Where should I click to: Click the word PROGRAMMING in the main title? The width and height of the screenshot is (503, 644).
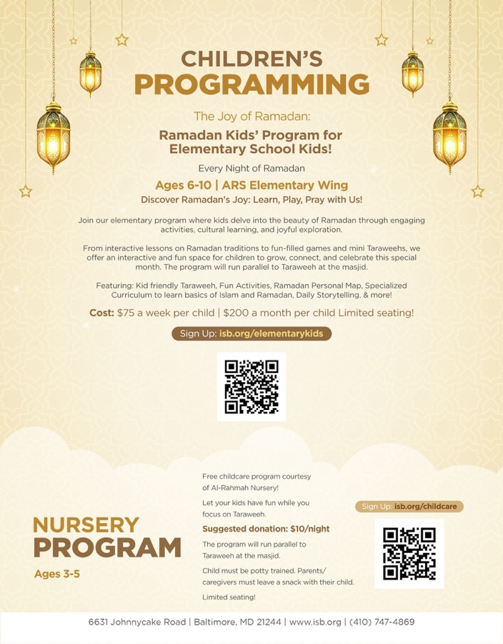point(251,84)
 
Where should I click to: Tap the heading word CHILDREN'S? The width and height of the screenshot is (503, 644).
point(251,58)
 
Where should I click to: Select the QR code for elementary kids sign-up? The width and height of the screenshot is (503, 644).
point(251,386)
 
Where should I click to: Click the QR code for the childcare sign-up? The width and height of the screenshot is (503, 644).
point(409,553)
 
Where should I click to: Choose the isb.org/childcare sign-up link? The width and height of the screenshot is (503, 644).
point(426,507)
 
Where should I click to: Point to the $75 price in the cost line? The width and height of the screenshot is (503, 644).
point(128,313)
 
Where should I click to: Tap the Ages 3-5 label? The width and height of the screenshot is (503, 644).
point(56,573)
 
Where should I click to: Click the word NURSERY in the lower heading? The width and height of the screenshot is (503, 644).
point(86,525)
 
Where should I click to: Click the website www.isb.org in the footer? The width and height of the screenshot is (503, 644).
point(315,622)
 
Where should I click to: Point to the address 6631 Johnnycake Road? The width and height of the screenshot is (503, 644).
point(137,622)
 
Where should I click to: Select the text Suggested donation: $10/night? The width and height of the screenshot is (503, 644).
point(266,529)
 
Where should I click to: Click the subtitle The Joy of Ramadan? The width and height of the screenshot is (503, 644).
point(251,116)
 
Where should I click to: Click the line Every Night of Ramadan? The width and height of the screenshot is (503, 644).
point(251,169)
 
